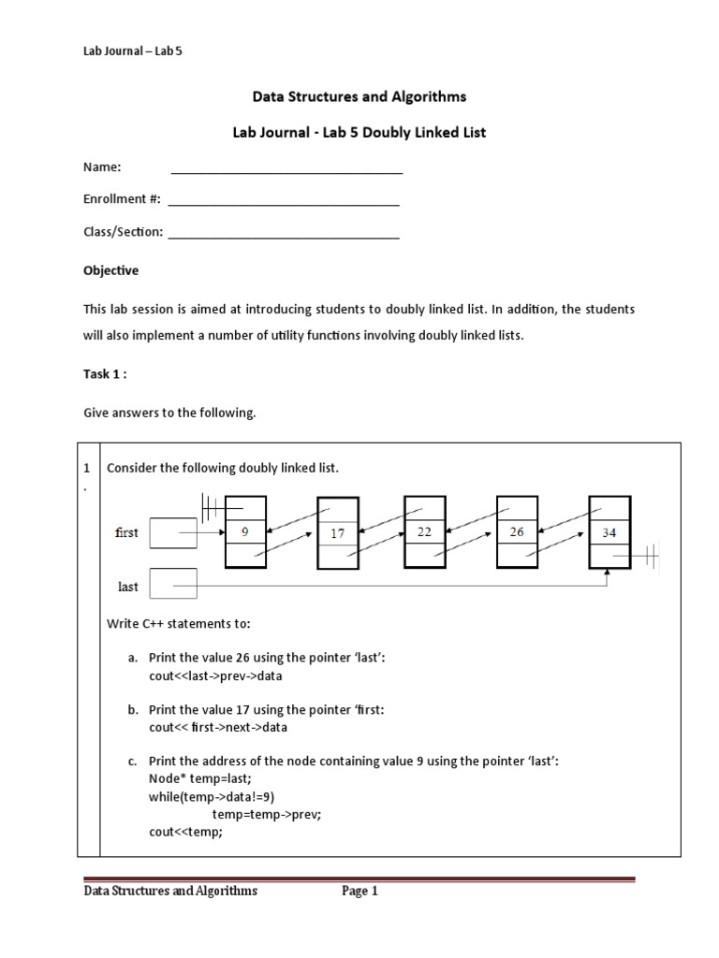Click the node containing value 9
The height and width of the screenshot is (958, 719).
point(245,531)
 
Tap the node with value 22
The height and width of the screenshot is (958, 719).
point(424,531)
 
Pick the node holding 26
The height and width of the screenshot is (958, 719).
point(517,531)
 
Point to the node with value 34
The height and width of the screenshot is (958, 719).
point(609,532)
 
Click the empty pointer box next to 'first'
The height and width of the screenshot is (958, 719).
point(173,532)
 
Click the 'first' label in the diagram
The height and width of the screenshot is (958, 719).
point(126,532)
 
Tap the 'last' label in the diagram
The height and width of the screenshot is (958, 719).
point(127,587)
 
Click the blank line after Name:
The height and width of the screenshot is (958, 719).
point(286,169)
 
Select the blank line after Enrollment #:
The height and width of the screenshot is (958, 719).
point(283,200)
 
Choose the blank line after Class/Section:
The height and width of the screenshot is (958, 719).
point(283,233)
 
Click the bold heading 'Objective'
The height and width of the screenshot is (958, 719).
point(110,270)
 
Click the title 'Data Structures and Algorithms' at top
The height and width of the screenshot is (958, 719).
point(359,96)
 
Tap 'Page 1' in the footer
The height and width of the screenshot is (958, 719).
point(359,892)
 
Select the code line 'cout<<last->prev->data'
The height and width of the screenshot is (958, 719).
point(215,675)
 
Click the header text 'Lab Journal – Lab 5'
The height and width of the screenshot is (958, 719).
point(132,51)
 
